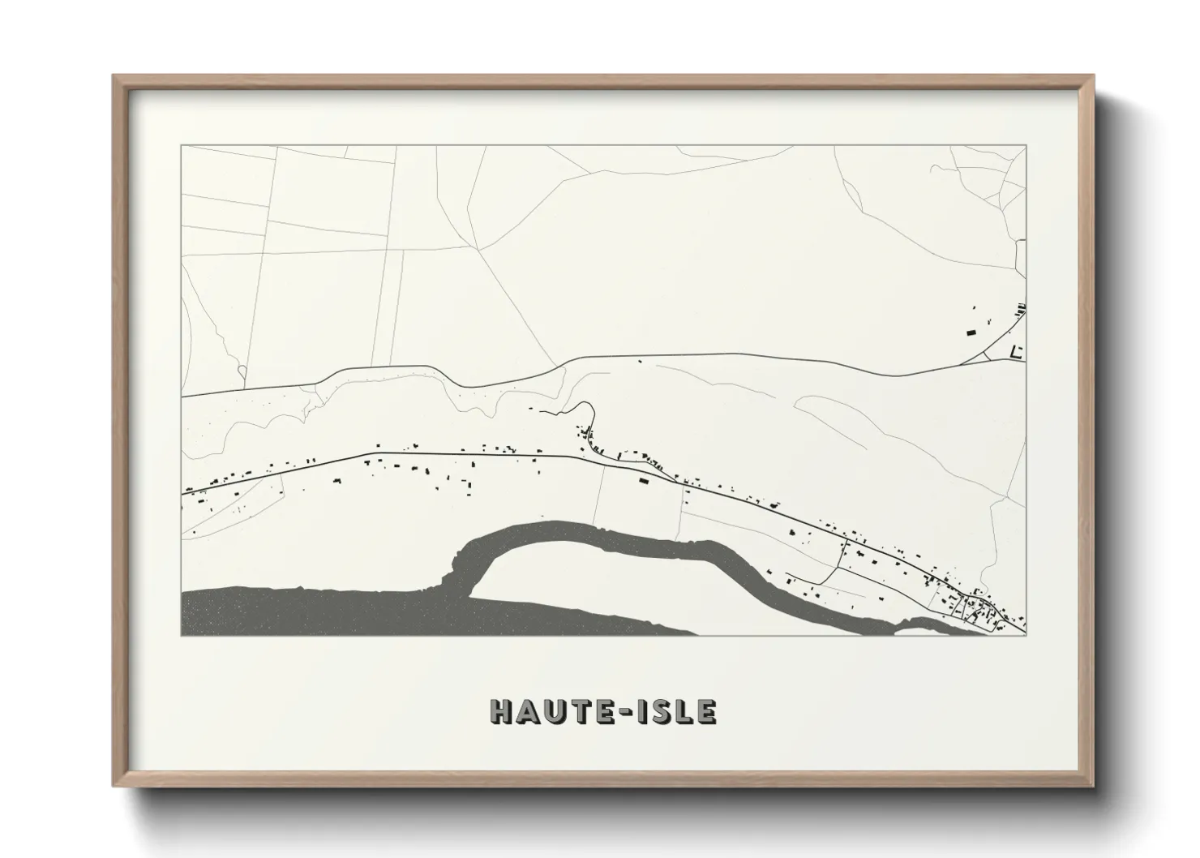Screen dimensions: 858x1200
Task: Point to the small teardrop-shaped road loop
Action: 242,372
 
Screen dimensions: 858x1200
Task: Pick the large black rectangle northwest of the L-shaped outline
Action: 971,331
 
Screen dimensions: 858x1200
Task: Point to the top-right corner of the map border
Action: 1026,146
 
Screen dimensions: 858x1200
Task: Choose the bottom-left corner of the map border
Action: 182,635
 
